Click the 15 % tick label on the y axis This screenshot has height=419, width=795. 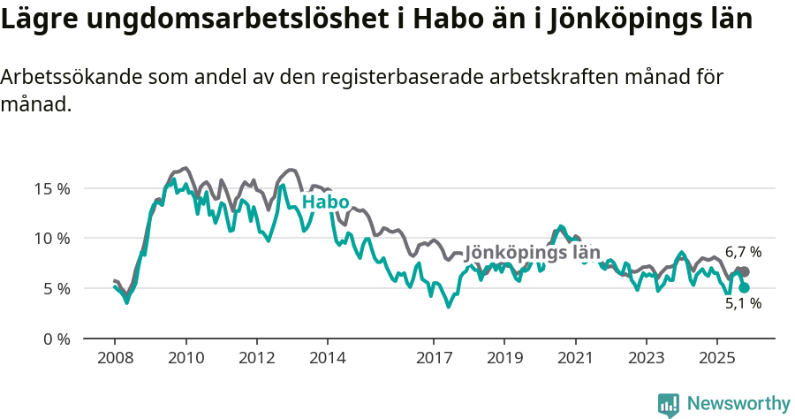[53, 188]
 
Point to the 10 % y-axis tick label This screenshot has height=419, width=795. [53, 238]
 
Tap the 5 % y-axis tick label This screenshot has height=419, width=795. [57, 288]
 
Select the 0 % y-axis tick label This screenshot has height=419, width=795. [57, 339]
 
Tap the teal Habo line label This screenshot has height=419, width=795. [325, 202]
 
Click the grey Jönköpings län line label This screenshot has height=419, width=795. [533, 253]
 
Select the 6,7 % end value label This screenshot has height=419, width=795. [743, 252]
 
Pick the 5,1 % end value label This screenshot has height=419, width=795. [743, 303]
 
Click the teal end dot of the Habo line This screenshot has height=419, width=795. [744, 287]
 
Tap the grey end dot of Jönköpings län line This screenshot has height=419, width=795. [744, 271]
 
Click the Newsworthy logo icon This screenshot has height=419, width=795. [669, 404]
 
